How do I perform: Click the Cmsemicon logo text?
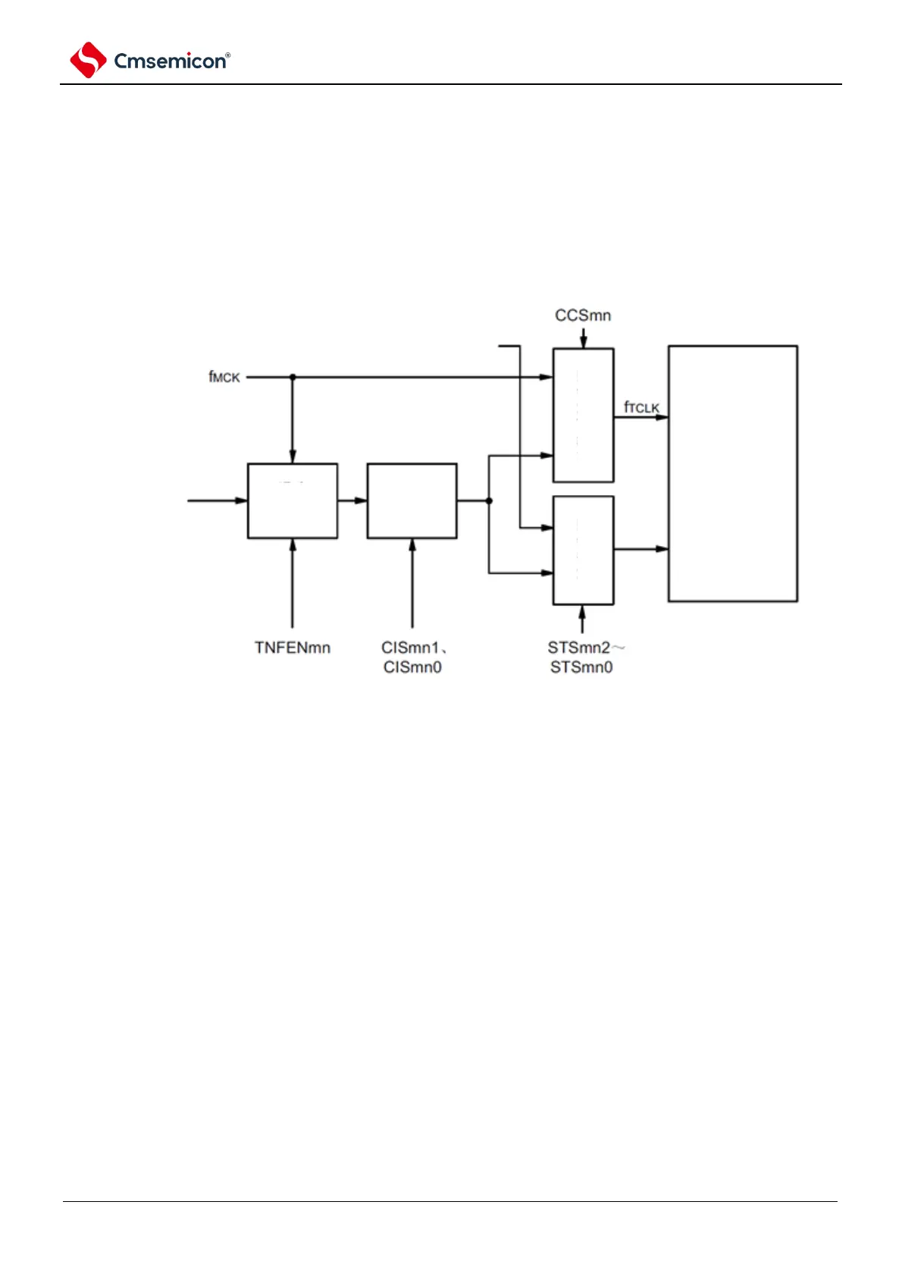171,61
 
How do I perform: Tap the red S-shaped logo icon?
88,60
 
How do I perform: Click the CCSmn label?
582,315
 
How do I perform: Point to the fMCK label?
224,377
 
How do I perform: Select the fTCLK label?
641,407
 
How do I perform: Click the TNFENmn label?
293,648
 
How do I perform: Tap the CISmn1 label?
411,648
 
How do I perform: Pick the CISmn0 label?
412,667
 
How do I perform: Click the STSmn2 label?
580,648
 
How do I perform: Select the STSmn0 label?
581,667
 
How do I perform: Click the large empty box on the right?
732,473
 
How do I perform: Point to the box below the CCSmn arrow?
583,415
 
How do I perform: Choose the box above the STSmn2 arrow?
583,550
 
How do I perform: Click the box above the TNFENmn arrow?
293,500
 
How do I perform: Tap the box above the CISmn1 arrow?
412,500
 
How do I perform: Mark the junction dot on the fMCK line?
293,377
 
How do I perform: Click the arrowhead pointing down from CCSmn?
583,343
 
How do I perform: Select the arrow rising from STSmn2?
582,618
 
